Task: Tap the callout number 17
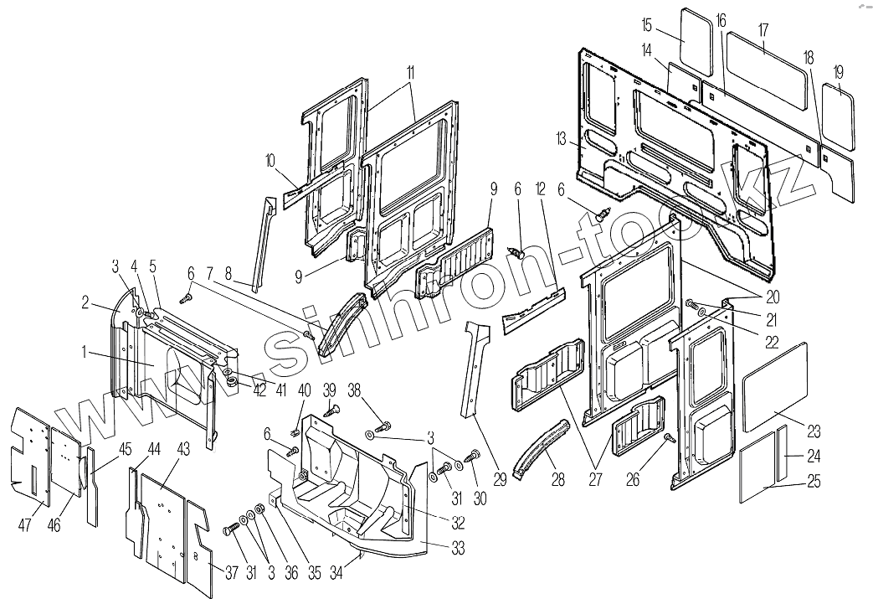click(763, 28)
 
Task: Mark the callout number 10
click(270, 158)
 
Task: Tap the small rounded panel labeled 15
click(695, 39)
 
